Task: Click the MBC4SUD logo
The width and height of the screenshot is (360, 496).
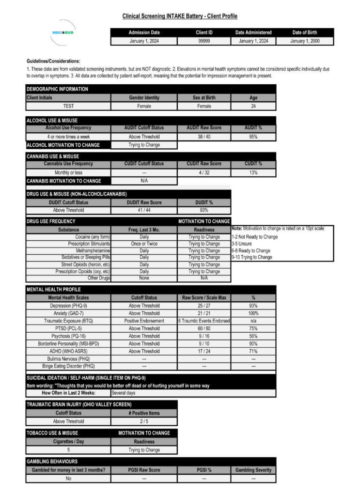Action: point(62,32)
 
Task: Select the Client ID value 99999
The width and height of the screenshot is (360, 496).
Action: point(204,41)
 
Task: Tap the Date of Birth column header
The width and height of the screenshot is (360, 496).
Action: point(305,32)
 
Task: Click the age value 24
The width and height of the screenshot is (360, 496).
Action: point(253,106)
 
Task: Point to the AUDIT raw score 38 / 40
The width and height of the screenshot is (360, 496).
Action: point(204,137)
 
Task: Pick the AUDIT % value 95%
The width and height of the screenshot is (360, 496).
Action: point(253,137)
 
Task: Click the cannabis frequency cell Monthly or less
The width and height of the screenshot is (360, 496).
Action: point(68,172)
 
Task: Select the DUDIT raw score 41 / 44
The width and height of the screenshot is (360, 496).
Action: point(144,210)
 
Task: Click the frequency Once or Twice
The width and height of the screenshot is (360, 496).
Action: point(144,244)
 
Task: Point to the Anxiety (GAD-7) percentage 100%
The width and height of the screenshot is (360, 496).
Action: point(253,313)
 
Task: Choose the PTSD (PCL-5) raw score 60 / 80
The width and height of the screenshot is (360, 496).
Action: point(204,328)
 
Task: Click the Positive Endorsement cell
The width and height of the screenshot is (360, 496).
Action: point(144,321)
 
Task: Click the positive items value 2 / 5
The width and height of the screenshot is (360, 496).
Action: point(144,421)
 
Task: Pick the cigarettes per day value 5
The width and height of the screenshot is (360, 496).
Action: point(68,450)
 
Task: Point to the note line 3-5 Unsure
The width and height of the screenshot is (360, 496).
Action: point(242,244)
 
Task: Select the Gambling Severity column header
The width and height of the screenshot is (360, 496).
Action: point(253,470)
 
